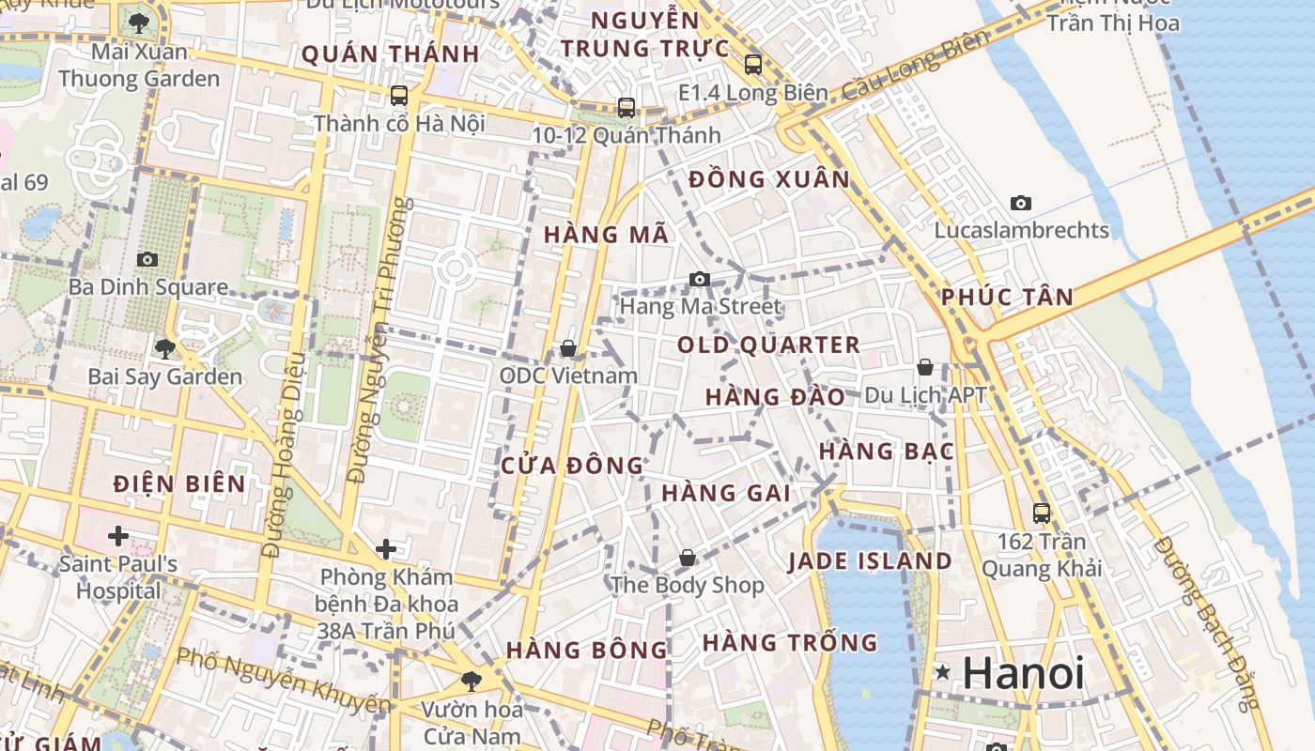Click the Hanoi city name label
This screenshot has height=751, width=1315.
[1024, 672]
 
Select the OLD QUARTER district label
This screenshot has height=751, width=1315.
[768, 345]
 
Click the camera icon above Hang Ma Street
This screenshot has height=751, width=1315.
[699, 279]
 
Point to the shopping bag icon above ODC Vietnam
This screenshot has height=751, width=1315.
[568, 349]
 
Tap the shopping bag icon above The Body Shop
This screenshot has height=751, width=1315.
[688, 558]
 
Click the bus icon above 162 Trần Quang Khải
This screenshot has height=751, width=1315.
[1042, 513]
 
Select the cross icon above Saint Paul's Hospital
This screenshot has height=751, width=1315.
[118, 536]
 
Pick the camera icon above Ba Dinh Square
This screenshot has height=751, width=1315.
[147, 259]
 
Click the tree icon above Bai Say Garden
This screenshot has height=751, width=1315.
[165, 349]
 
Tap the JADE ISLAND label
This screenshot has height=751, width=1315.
[870, 561]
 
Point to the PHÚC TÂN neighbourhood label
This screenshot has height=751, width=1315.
[1007, 298]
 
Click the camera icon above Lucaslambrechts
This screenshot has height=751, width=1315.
[1021, 203]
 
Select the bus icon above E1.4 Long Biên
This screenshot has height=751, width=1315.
[753, 65]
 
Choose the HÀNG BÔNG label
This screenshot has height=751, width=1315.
[587, 650]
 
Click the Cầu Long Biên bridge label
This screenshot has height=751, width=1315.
[916, 65]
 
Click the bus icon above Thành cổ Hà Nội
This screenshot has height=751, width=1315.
[399, 96]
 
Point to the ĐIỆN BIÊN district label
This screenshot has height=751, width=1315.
[179, 484]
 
